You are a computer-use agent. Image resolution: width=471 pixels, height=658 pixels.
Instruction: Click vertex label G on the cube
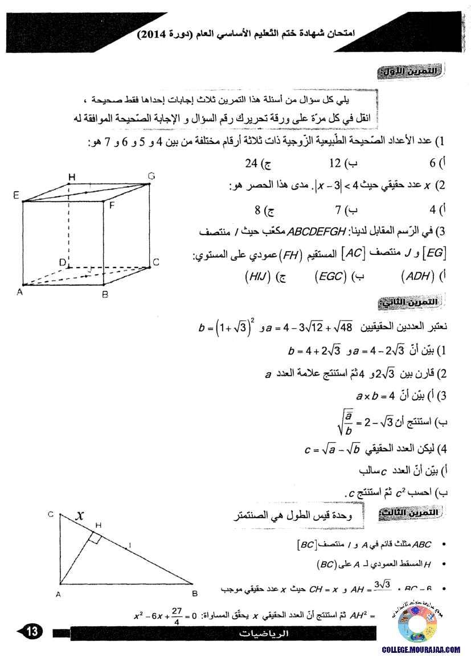(x=151, y=177)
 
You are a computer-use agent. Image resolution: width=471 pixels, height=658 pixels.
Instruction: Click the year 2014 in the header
(x=155, y=35)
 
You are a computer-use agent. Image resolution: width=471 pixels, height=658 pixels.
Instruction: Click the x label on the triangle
(x=81, y=516)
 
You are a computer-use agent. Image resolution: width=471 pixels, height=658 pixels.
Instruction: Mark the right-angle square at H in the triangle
(x=95, y=538)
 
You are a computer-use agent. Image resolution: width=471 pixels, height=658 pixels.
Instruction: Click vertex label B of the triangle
(x=194, y=594)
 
